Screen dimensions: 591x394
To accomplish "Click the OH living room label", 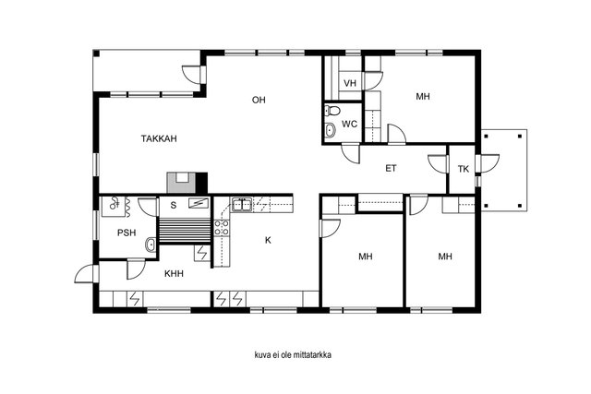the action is tap(259, 100).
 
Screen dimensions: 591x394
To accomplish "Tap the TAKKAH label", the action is tap(159, 138).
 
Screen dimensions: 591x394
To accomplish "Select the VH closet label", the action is tap(350, 83).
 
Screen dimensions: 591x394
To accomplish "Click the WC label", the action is tap(349, 124).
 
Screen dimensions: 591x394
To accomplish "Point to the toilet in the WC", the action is tap(332, 111).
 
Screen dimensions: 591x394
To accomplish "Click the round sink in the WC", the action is tap(331, 130).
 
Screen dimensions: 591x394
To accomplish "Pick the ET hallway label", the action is tap(391, 168).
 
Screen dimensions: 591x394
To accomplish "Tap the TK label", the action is tap(464, 169).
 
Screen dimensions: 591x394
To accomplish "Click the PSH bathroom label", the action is tap(127, 233).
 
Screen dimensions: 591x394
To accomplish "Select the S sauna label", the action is tap(174, 205).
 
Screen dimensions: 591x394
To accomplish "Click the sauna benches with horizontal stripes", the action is tap(185, 231).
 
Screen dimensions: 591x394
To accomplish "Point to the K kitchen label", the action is tap(268, 240).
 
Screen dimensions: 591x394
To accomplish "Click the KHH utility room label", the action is tap(174, 273).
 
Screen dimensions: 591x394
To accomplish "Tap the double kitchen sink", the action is tap(242, 205).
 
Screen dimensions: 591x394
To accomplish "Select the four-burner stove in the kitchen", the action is tap(222, 228).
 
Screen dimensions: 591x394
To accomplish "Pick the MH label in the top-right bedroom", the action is tap(423, 97).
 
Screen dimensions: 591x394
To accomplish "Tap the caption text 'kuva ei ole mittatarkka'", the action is tap(294, 355).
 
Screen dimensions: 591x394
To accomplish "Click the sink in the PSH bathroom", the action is tap(151, 245).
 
